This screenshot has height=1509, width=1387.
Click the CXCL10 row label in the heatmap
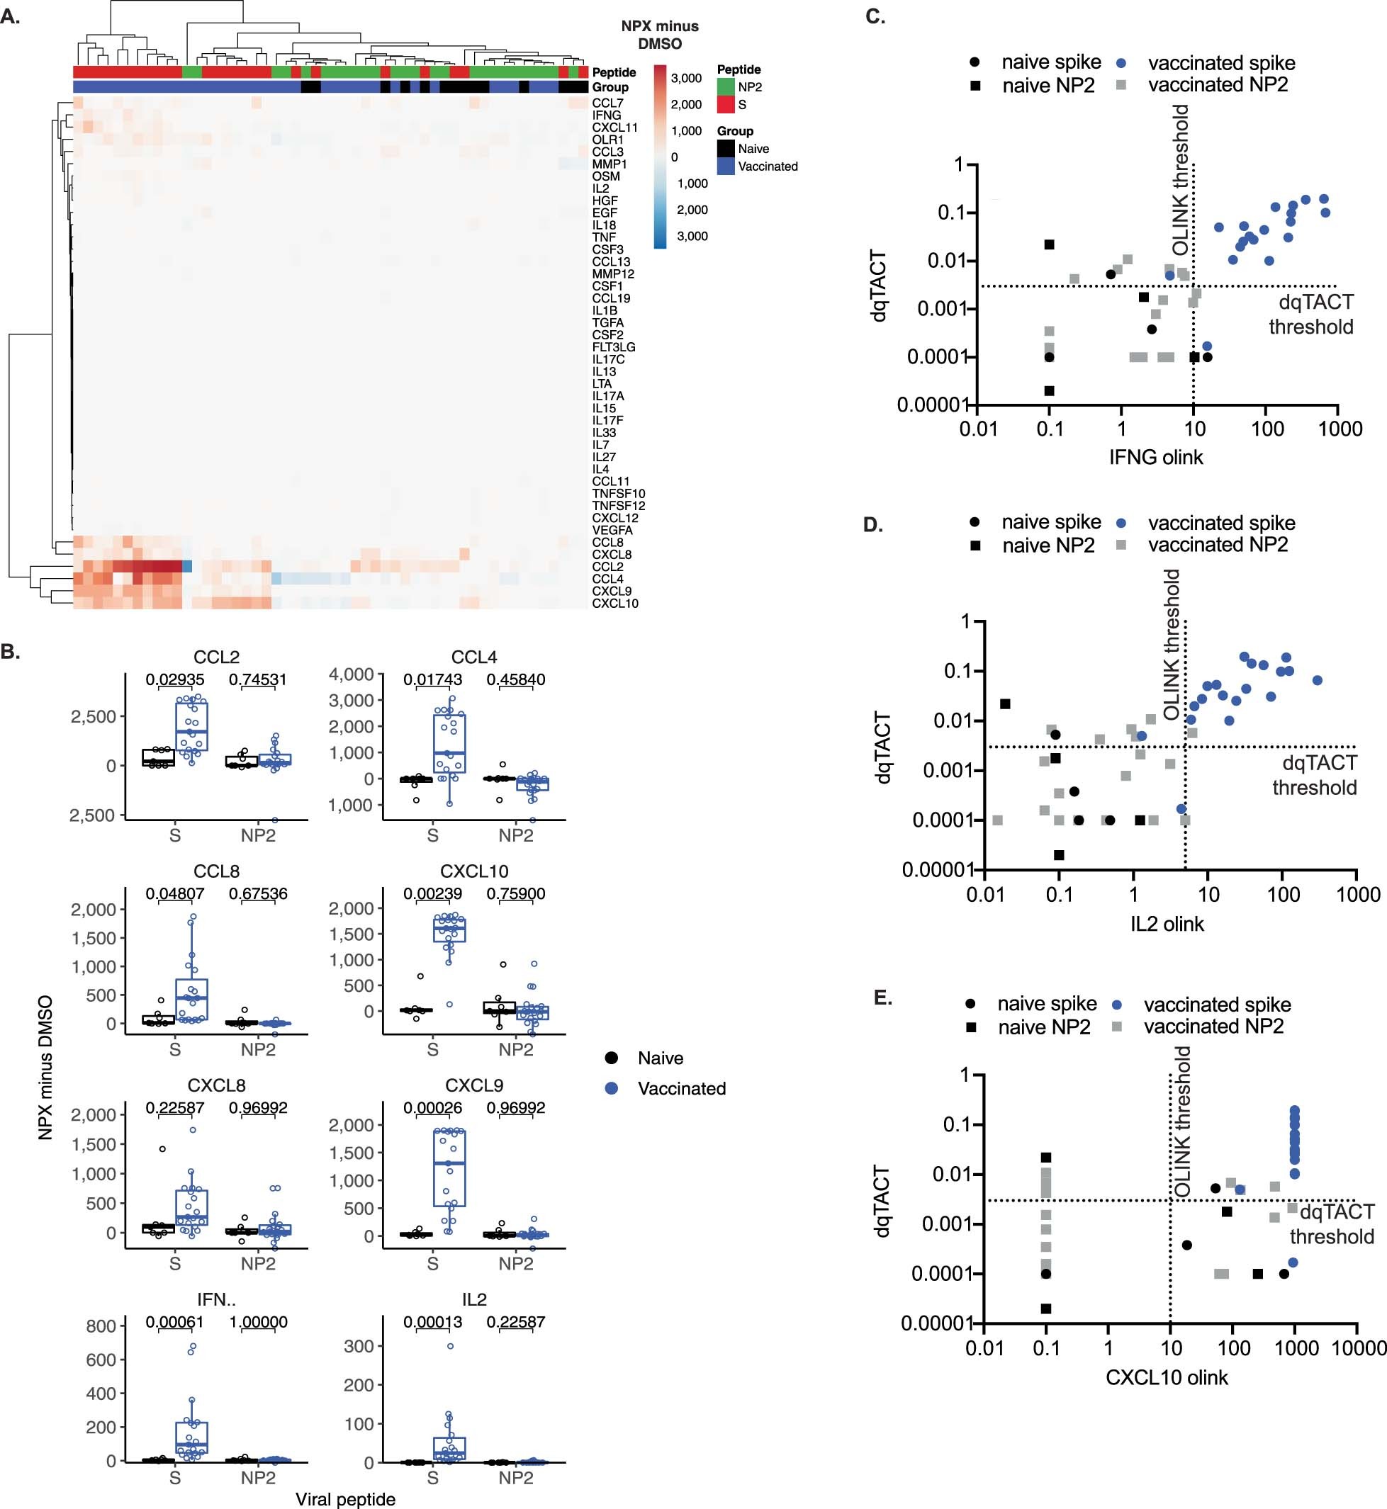614,604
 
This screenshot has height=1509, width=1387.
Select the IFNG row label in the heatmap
607,115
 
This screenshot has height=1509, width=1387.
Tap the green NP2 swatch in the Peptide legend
725,87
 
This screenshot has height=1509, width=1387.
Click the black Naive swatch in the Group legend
725,149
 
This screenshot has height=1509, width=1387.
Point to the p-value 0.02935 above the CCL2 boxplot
175,679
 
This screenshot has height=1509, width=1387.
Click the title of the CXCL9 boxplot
473,1085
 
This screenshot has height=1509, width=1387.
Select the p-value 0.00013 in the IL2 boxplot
432,1321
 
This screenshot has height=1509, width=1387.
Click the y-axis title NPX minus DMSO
45,1067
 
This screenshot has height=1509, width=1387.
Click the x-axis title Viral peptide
345,1498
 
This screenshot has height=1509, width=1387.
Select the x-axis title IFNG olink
1156,457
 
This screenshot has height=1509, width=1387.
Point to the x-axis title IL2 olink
1167,924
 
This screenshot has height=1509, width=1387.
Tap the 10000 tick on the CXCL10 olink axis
1359,1347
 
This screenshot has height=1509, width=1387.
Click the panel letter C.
875,16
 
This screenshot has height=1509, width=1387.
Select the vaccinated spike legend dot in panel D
1121,523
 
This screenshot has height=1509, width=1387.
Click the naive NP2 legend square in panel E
971,1027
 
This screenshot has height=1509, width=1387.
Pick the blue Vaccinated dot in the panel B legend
612,1088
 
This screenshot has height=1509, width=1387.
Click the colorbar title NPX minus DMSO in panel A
660,35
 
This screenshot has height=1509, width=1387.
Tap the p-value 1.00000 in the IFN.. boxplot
257,1321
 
